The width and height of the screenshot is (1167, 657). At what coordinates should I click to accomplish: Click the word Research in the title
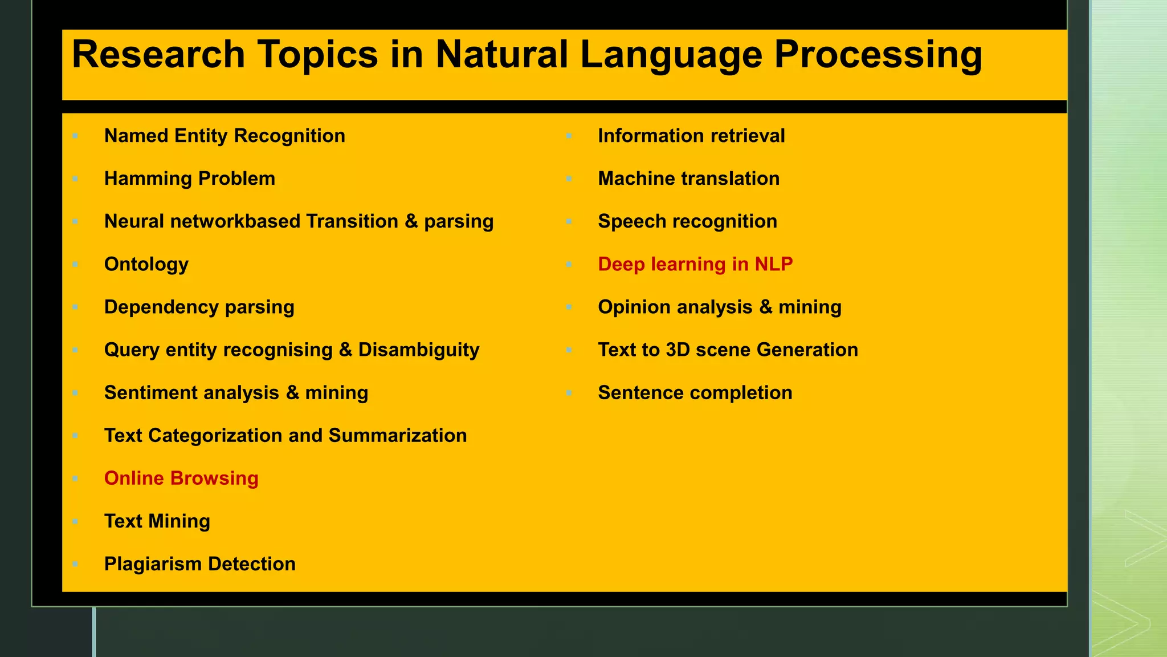click(x=158, y=55)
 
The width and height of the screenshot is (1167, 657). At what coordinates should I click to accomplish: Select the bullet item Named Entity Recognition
click(x=225, y=136)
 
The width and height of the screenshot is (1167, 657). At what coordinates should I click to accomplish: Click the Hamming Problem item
click(x=190, y=179)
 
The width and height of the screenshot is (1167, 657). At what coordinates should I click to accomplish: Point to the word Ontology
click(x=146, y=265)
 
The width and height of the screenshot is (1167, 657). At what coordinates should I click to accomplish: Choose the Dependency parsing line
click(x=199, y=307)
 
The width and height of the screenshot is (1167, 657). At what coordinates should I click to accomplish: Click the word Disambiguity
click(x=419, y=350)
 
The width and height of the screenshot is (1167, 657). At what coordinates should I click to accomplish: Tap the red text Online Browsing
click(x=181, y=478)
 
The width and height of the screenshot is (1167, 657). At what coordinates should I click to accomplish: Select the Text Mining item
click(x=157, y=521)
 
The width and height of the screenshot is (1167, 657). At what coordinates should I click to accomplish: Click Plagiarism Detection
click(x=200, y=564)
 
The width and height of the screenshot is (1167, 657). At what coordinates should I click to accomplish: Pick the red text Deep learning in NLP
click(x=695, y=265)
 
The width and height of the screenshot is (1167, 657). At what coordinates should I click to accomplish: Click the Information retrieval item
click(x=691, y=136)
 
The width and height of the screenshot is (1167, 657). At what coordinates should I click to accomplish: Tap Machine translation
click(x=688, y=179)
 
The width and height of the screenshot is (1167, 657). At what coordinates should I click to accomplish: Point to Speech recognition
click(x=687, y=222)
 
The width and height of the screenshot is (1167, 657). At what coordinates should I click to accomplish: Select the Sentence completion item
click(x=695, y=393)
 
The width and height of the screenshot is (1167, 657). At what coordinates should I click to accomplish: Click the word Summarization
click(x=398, y=436)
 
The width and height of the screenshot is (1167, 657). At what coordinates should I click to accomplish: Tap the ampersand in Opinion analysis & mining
click(x=766, y=307)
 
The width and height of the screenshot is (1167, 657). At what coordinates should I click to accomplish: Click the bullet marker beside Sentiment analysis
click(x=75, y=393)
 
